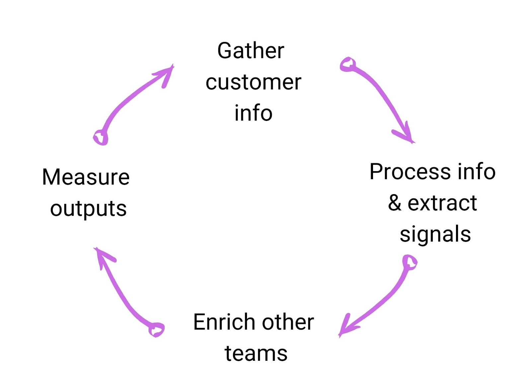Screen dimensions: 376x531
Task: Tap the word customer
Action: click(253, 82)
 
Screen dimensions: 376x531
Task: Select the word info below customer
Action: click(253, 113)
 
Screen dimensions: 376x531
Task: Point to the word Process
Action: click(410, 172)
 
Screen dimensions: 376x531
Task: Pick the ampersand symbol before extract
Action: click(395, 203)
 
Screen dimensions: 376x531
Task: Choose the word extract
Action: click(442, 203)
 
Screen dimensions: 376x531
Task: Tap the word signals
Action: click(435, 234)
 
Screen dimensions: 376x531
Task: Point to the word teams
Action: click(256, 353)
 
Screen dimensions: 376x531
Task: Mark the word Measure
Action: click(86, 177)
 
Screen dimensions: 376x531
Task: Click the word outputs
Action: click(88, 209)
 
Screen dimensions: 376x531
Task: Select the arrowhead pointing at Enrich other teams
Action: click(344, 329)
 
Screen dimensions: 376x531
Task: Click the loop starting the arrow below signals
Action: click(410, 262)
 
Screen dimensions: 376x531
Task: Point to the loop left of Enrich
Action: click(156, 329)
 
